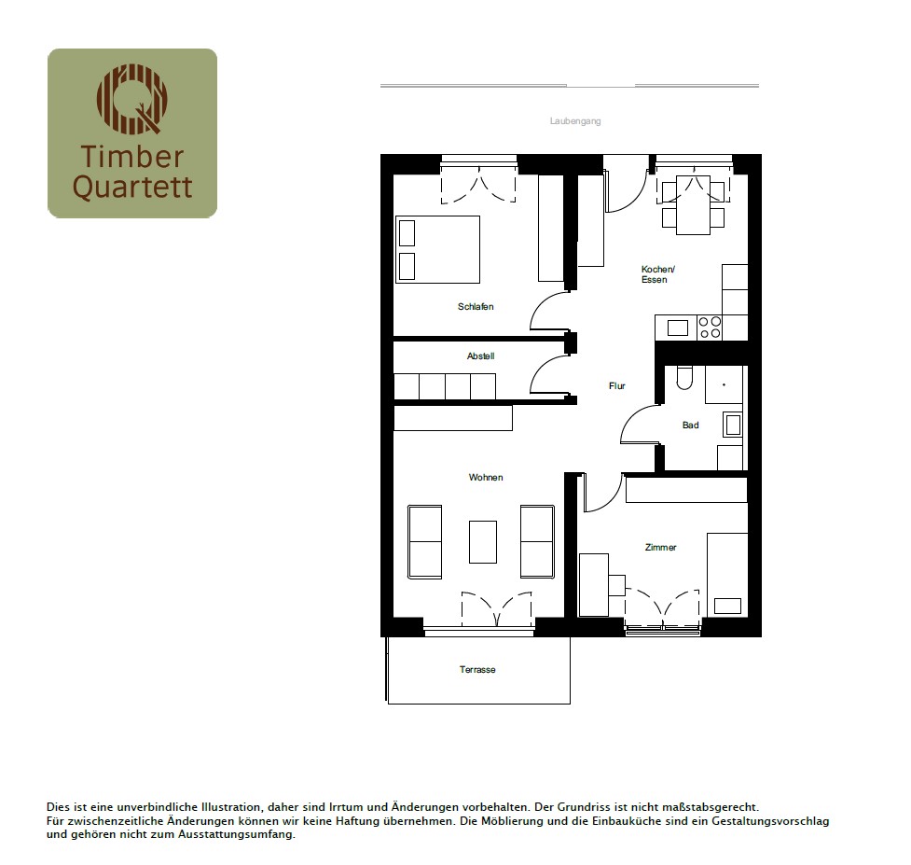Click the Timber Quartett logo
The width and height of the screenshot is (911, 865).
click(132, 133)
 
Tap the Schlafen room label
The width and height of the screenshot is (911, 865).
click(476, 306)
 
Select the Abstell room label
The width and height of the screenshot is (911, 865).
click(480, 356)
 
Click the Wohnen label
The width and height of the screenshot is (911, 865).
click(486, 477)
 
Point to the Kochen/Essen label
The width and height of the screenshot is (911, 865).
click(657, 274)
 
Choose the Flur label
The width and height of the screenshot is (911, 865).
click(616, 386)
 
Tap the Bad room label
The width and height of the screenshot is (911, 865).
click(690, 425)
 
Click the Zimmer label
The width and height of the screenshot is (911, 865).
click(660, 547)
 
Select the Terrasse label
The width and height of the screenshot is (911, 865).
click(477, 670)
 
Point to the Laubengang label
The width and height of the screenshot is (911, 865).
click(575, 121)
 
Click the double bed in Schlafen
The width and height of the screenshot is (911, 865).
click(437, 249)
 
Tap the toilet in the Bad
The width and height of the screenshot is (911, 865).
click(684, 378)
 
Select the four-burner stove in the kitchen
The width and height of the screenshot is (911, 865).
click(710, 328)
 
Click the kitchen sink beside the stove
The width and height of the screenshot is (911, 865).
click(678, 328)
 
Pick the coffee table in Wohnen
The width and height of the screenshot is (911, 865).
click(483, 542)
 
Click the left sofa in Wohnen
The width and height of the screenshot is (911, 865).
click(424, 542)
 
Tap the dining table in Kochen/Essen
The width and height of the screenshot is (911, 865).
click(693, 204)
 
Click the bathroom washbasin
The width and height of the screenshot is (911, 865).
click(733, 425)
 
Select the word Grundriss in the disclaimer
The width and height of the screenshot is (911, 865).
click(582, 807)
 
